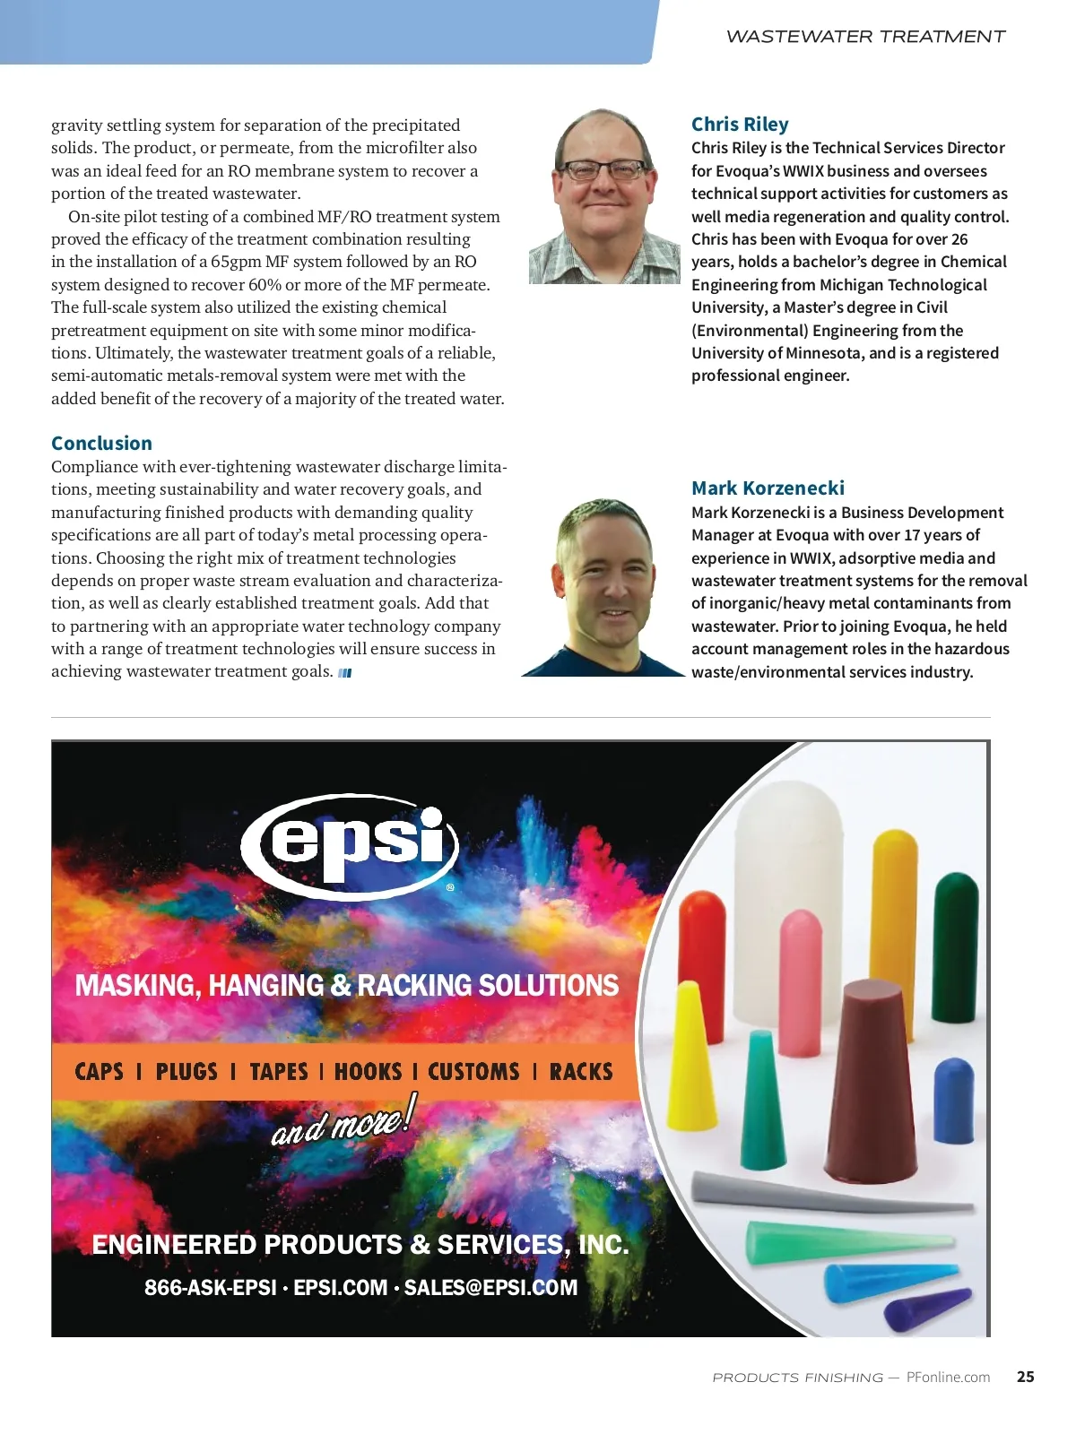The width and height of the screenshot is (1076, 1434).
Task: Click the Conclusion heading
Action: pos(101,443)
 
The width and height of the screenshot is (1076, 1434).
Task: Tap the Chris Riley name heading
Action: pos(740,125)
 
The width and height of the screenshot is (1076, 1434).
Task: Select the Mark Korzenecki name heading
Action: pos(768,488)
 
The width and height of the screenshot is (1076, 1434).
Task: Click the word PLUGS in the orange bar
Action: pos(187,1071)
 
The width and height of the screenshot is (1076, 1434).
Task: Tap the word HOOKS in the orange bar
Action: pos(368,1071)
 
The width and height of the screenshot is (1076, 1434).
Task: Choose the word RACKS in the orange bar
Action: pos(581,1071)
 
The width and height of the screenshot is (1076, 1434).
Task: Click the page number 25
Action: pos(1025,1377)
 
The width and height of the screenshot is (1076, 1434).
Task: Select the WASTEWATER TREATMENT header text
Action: pos(865,37)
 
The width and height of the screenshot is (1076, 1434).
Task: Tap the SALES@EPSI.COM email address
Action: pos(490,1288)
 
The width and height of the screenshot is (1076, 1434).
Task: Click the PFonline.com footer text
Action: pos(948,1378)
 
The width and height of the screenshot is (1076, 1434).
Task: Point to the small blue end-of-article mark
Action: pos(345,673)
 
